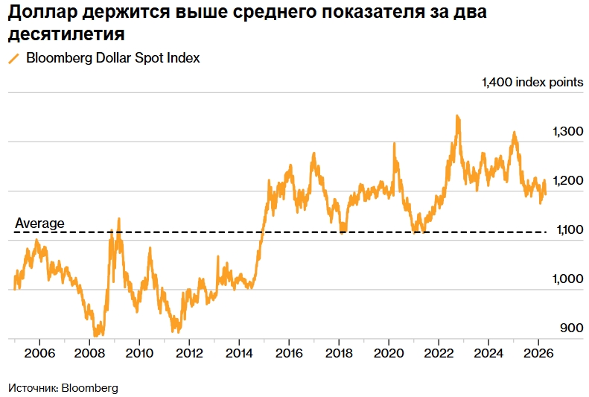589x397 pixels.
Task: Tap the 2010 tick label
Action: [x=140, y=352]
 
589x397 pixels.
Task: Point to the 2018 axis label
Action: [x=340, y=352]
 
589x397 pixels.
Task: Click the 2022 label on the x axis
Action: [x=439, y=352]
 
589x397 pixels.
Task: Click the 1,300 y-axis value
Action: [x=567, y=131]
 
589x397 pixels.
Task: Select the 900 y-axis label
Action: [x=572, y=328]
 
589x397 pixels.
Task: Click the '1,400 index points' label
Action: [x=533, y=83]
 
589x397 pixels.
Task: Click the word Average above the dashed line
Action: [x=39, y=223]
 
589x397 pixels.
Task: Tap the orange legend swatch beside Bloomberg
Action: [x=13, y=59]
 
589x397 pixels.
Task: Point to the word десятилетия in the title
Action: [x=66, y=34]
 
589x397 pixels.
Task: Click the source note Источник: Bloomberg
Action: [x=63, y=388]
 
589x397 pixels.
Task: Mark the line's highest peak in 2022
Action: [x=457, y=115]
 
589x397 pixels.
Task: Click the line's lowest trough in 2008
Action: [x=97, y=335]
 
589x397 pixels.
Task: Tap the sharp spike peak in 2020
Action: [x=394, y=143]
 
